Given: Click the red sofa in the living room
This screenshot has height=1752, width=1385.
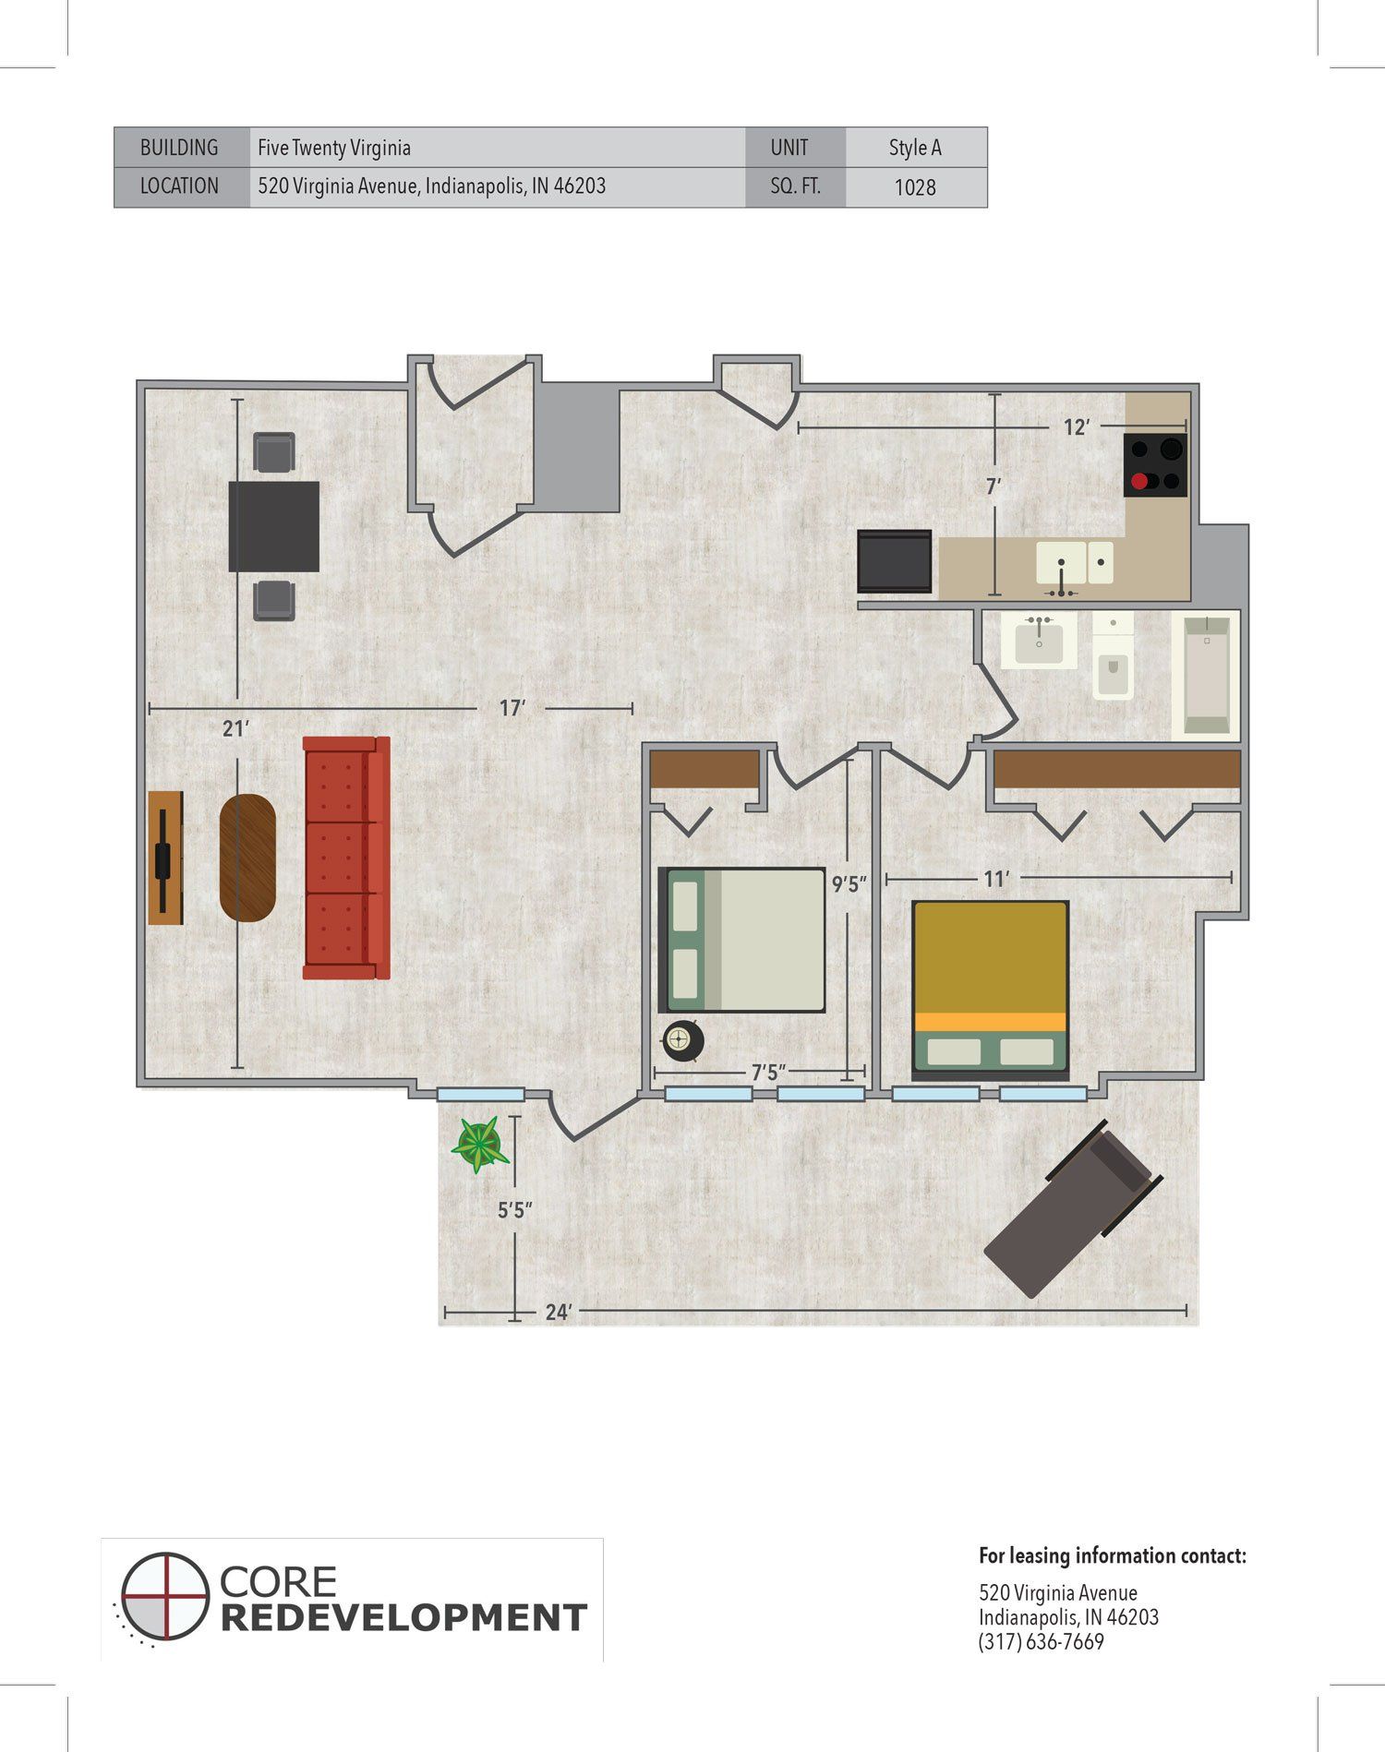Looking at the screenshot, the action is [347, 858].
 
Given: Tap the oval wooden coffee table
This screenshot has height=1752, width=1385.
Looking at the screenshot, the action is [247, 858].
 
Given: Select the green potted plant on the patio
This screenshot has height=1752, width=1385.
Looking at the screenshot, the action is [479, 1145].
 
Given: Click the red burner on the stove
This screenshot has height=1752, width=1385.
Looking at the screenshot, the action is [1139, 481].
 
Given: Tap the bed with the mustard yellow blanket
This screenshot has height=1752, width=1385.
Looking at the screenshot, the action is [991, 990].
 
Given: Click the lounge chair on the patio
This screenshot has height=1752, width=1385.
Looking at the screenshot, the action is [1073, 1209].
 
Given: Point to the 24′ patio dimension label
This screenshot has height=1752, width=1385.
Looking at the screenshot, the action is [559, 1312].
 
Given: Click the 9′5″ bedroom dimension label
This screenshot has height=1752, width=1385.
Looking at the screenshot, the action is [849, 884].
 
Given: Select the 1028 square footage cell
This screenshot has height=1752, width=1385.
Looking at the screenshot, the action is [915, 187].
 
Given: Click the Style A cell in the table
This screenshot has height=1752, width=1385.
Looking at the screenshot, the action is [915, 148].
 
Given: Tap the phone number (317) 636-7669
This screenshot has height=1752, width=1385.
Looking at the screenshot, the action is [1042, 1642].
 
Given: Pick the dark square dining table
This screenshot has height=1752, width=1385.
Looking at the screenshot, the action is [274, 526].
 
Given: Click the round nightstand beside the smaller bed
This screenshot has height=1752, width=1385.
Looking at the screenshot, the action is [683, 1040].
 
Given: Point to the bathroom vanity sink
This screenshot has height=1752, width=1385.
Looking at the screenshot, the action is [1040, 640].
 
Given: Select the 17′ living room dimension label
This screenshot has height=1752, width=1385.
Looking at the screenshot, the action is [512, 708].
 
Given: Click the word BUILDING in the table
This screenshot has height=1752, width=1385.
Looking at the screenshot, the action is [179, 148].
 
